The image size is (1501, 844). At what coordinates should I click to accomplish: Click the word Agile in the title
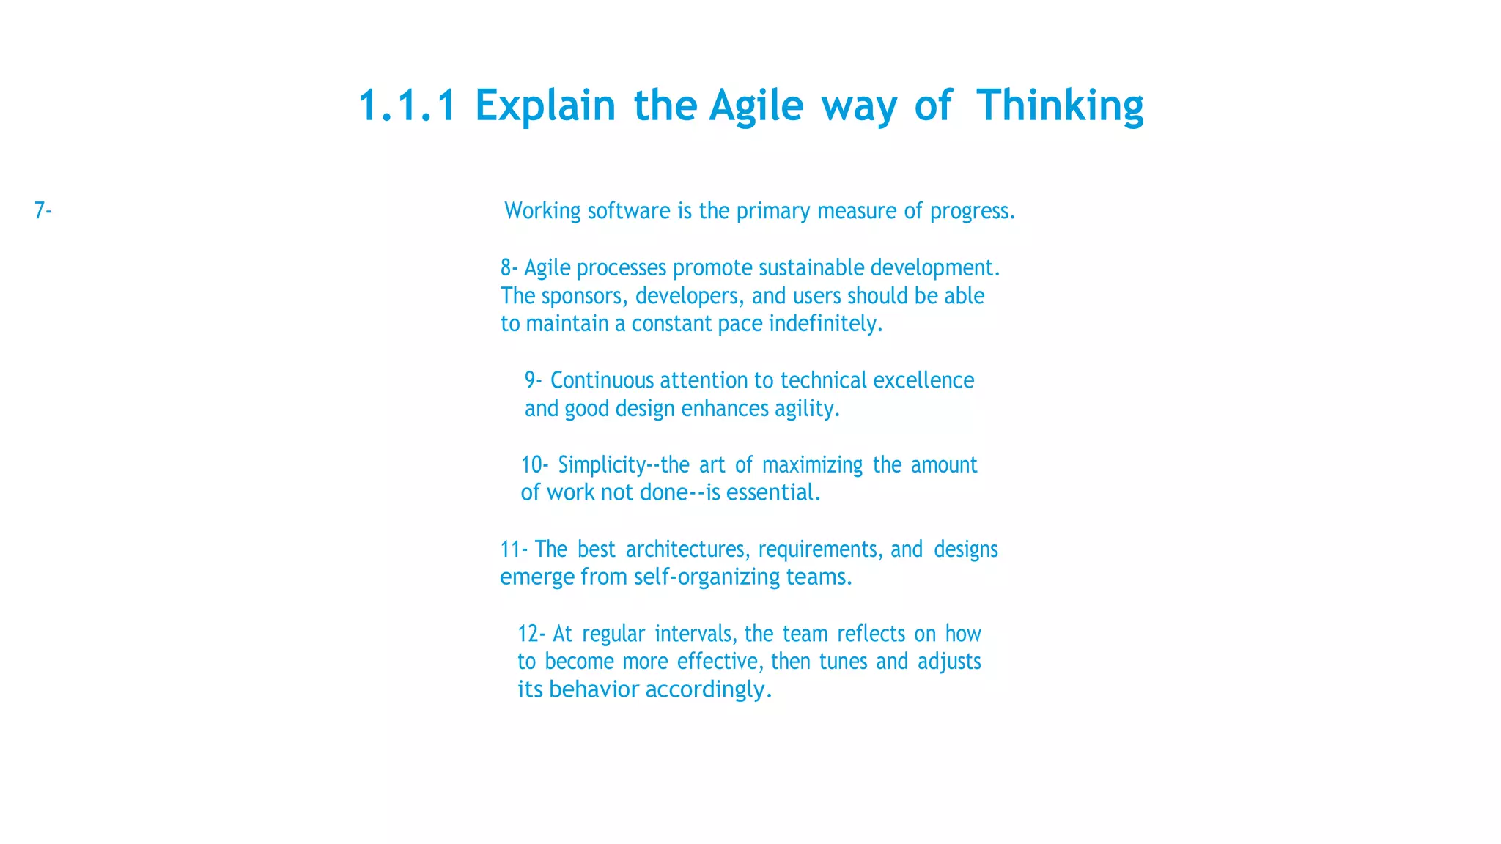pyautogui.click(x=756, y=106)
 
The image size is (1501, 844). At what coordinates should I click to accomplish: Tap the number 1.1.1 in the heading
pyautogui.click(x=407, y=106)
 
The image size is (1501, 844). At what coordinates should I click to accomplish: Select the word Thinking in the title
pyautogui.click(x=1059, y=106)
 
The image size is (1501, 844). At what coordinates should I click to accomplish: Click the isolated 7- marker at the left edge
pyautogui.click(x=43, y=211)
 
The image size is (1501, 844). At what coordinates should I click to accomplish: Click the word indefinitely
pyautogui.click(x=825, y=324)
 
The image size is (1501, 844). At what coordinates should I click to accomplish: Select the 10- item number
pyautogui.click(x=534, y=465)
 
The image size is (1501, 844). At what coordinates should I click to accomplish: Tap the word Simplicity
pyautogui.click(x=601, y=465)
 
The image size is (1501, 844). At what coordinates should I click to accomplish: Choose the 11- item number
pyautogui.click(x=513, y=549)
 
